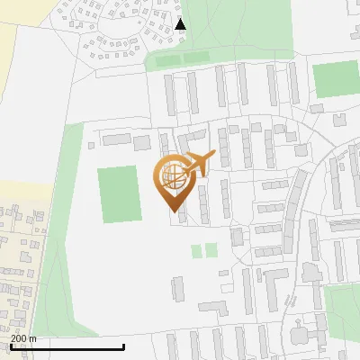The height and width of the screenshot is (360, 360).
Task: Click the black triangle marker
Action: (x=181, y=24)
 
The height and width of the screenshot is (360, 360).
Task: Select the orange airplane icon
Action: (x=198, y=164)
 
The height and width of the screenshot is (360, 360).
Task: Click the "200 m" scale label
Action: (x=24, y=338)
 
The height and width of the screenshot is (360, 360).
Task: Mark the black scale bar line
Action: (x=67, y=346)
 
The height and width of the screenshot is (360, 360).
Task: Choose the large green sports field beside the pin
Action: (x=119, y=193)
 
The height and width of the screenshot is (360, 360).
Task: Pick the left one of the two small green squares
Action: (x=196, y=250)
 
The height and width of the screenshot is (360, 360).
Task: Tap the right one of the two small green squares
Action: (x=211, y=250)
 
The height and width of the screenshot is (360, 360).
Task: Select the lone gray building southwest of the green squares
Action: (x=176, y=289)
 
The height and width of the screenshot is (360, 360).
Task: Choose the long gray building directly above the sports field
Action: (x=116, y=139)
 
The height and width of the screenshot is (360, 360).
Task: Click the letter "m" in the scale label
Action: (x=33, y=338)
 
